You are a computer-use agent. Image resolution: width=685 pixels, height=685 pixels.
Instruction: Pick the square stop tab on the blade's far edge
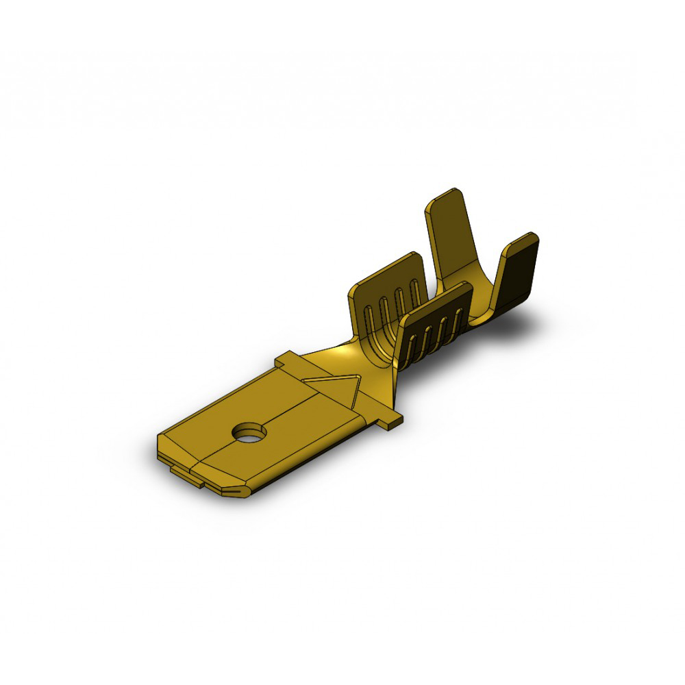(x=288, y=360)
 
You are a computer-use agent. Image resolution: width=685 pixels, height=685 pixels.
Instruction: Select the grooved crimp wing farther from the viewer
(x=387, y=288)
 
